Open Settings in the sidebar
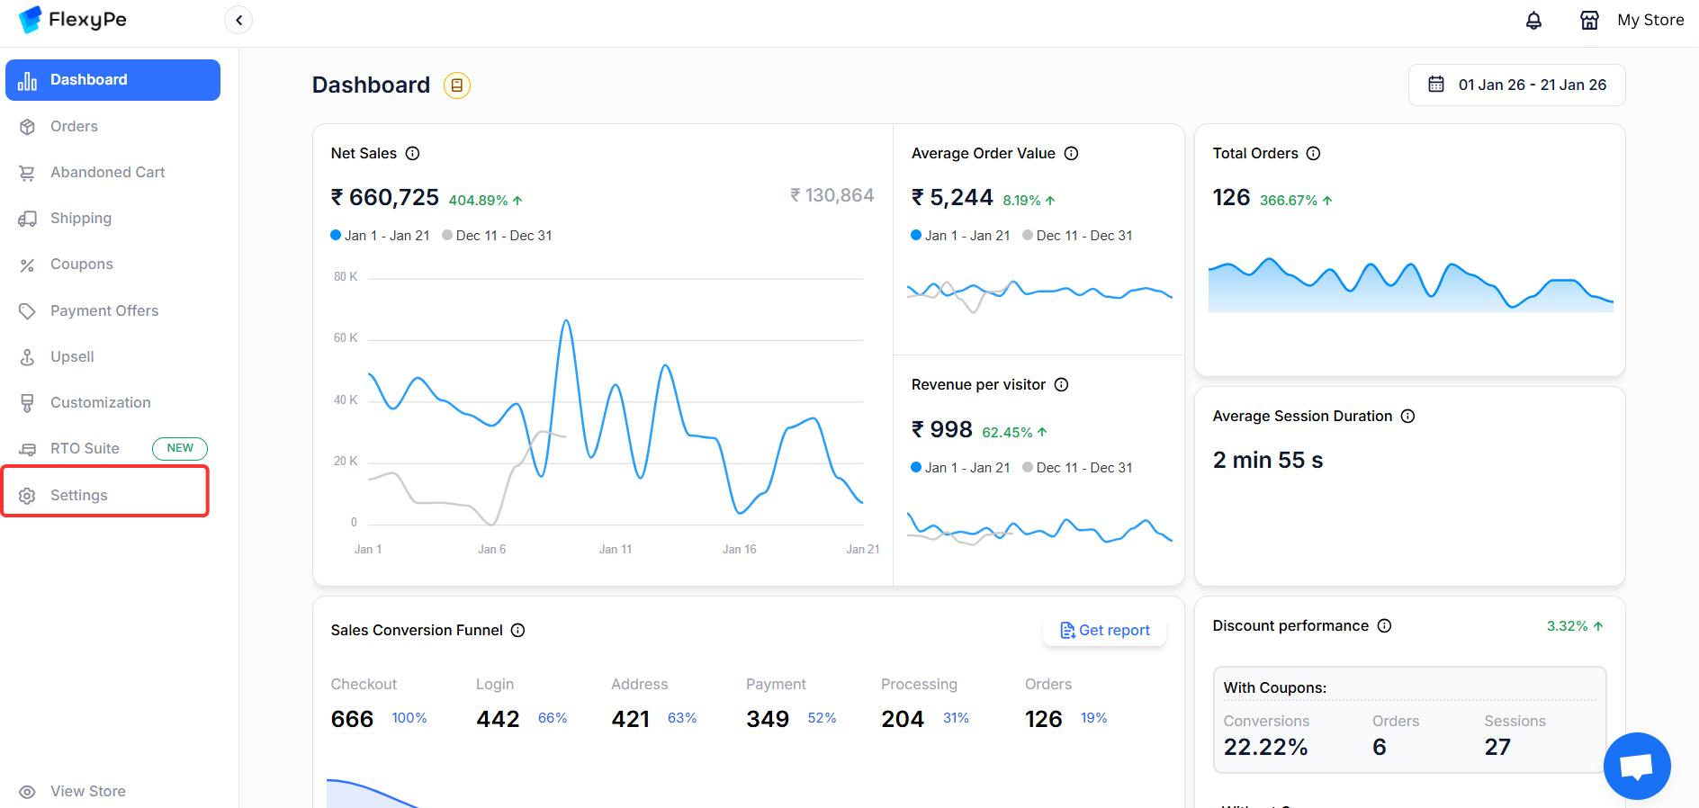point(78,495)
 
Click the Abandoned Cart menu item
point(107,172)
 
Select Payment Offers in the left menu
point(103,310)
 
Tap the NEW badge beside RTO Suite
point(180,448)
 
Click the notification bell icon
point(1533,20)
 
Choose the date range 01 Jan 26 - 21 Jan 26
point(1517,85)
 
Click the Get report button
point(1105,630)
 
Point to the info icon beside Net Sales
point(412,153)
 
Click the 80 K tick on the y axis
point(346,276)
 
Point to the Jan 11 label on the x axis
point(616,549)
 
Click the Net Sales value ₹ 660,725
point(385,197)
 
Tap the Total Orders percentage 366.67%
point(1289,200)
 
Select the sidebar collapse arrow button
point(238,20)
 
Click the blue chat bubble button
point(1636,766)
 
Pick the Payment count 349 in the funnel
point(768,719)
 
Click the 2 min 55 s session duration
point(1268,460)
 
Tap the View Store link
point(87,791)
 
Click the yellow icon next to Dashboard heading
point(457,85)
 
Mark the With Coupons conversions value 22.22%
point(1265,747)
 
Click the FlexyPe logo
point(73,20)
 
